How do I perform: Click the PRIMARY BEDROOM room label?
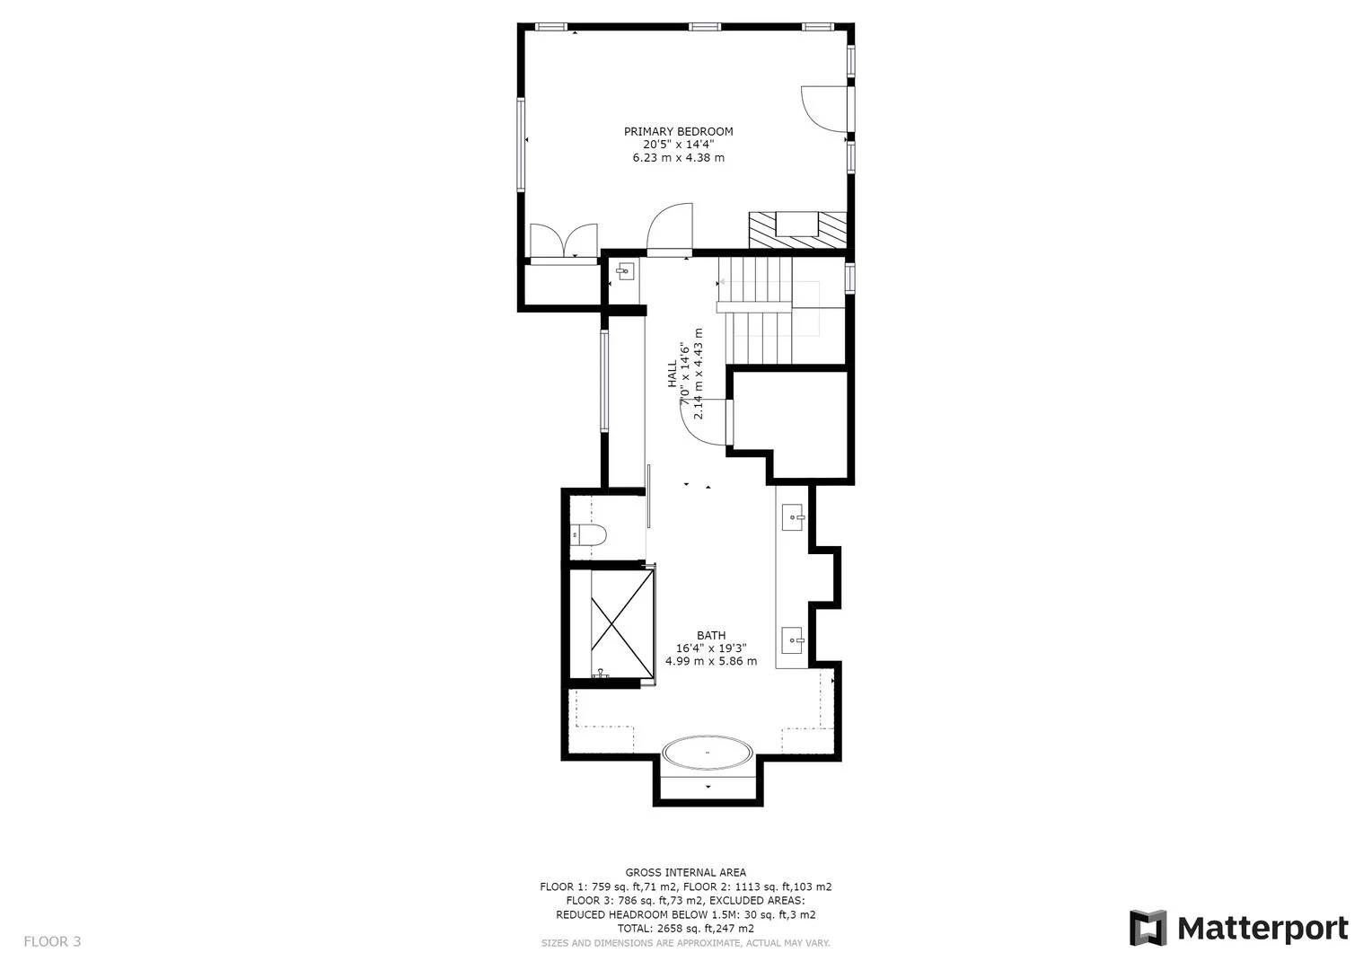coord(678,131)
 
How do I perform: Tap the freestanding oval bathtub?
coord(708,753)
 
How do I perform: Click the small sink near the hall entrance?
coord(624,270)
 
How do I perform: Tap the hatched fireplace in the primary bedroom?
coord(797,230)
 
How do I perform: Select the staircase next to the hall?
coord(763,310)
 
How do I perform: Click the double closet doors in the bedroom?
coord(563,242)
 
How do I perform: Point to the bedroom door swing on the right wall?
coord(822,107)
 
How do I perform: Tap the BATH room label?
coord(711,635)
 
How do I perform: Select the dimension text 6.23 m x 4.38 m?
coord(678,158)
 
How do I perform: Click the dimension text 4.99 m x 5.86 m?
coord(711,661)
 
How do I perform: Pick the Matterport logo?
coord(1238,928)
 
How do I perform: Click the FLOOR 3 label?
coord(52,941)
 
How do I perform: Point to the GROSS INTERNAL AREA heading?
coord(685,872)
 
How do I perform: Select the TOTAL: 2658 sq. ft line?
coord(685,929)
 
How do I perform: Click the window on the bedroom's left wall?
coord(520,144)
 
